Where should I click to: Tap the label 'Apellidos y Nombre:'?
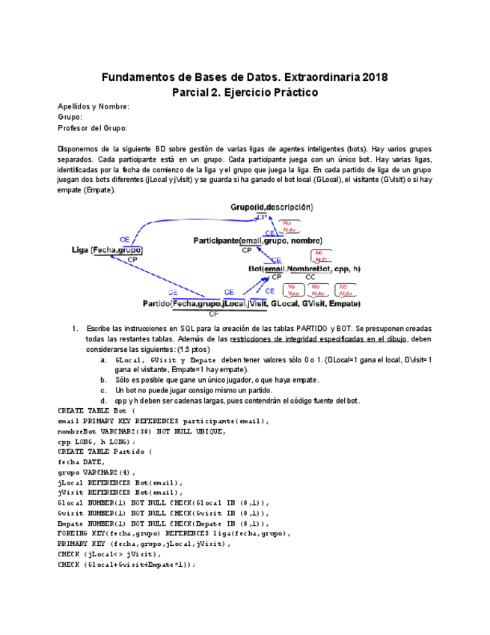94,106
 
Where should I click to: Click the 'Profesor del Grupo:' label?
92,128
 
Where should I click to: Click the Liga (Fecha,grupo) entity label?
107,250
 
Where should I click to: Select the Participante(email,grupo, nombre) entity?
257,240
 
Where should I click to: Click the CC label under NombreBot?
310,277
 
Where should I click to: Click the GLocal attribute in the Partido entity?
284,304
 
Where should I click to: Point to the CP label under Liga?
132,259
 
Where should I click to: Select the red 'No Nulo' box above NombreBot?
321,256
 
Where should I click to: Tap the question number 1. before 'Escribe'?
75,329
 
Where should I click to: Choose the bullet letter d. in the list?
103,401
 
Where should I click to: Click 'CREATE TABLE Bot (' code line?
97,410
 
